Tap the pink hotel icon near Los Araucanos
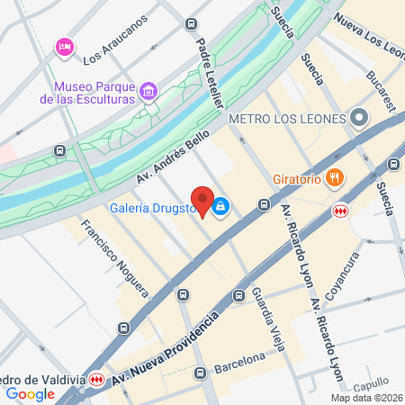64,46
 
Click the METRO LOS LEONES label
288,119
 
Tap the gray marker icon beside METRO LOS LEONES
359,118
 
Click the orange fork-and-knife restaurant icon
335,177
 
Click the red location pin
202,202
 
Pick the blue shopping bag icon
221,207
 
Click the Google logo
31,393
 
